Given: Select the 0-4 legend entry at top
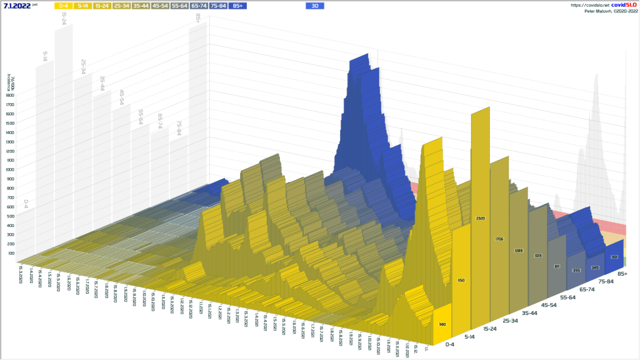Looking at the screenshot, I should [64, 6].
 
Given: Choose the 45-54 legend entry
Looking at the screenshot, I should [161, 6].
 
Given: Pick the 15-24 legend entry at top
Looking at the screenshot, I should [102, 6].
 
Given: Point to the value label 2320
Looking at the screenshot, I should [480, 218].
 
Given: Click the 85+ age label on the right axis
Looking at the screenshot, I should [622, 274].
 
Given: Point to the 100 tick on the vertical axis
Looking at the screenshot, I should [11, 253].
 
